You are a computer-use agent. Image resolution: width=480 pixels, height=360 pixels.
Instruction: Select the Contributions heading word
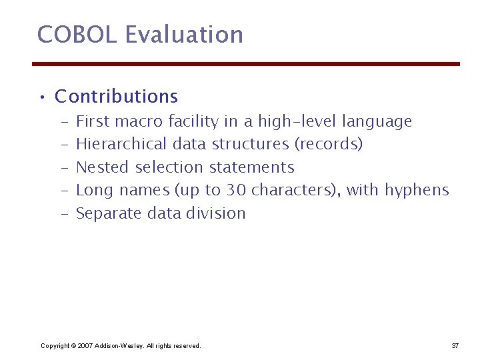116,97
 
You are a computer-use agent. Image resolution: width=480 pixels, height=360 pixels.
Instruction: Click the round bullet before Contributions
41,98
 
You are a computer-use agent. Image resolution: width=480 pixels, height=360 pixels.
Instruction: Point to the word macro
139,121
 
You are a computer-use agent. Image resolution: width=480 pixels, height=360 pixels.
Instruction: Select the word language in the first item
377,122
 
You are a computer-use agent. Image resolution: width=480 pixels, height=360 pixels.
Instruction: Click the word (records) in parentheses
329,144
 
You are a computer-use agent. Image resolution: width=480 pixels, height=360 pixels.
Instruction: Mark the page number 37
455,345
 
